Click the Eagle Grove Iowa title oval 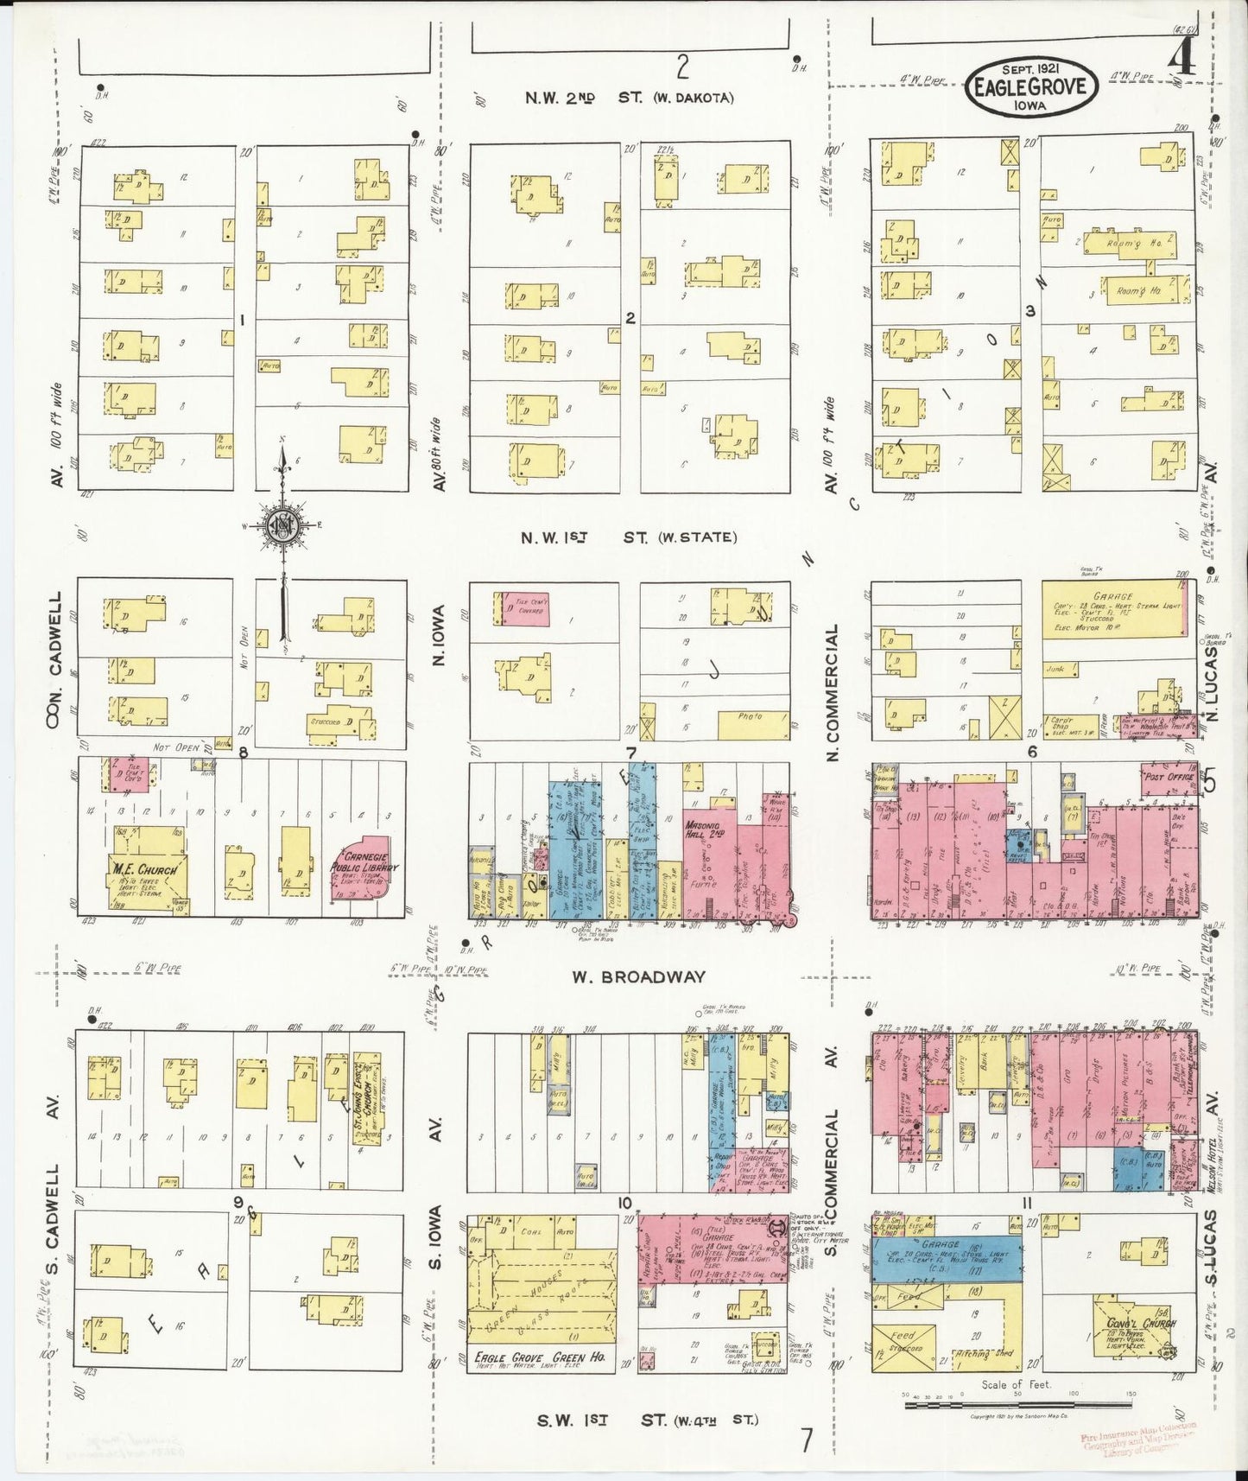coord(1032,86)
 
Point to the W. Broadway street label coord(638,977)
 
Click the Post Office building coord(1168,776)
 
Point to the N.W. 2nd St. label coord(629,98)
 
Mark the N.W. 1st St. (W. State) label coord(629,537)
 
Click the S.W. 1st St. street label coord(647,1420)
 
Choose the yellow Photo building coord(752,724)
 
